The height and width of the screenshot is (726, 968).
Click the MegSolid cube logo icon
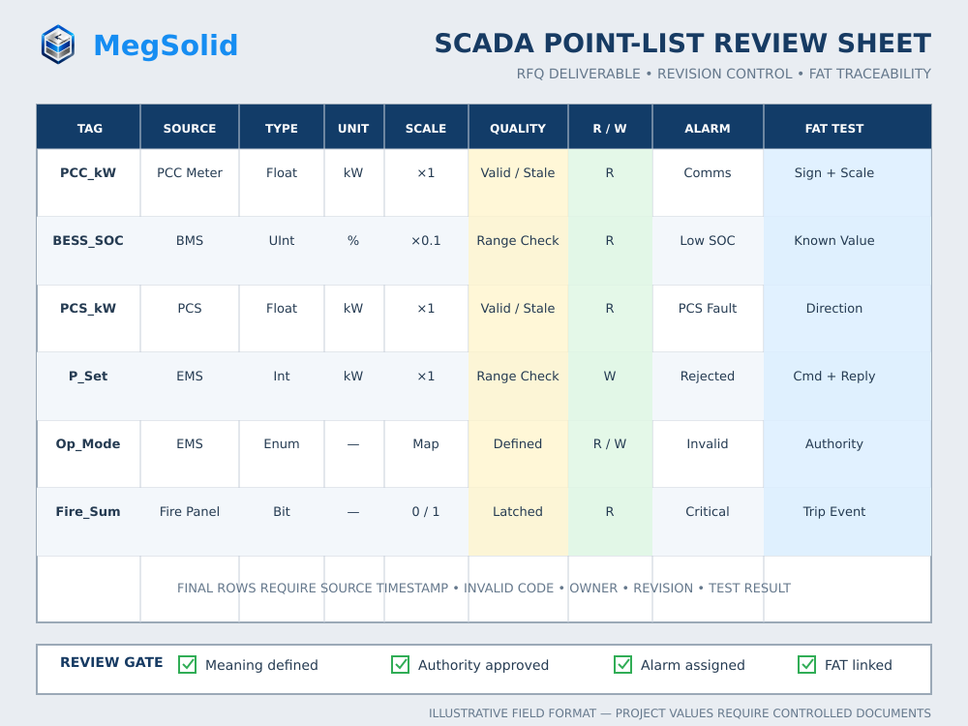coord(58,45)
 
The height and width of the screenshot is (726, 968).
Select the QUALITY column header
coord(518,129)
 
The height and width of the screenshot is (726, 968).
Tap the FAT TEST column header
coord(834,129)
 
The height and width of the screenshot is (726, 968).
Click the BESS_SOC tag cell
coord(88,241)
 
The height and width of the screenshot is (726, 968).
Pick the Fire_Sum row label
coord(88,512)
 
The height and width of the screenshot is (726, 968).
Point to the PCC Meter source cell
coord(190,173)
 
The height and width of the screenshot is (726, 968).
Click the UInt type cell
coord(282,241)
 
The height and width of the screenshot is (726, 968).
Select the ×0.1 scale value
coord(426,241)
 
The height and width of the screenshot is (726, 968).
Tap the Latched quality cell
coord(518,512)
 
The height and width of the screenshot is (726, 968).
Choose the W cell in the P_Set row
coord(610,376)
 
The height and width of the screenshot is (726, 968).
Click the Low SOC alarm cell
coord(708,241)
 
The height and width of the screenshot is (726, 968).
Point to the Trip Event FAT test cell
coord(834,512)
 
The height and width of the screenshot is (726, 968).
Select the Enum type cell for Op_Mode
coord(282,444)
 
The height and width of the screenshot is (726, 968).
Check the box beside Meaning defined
coord(187,664)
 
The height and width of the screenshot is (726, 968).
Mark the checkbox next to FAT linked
coord(807,664)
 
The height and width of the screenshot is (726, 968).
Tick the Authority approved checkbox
coord(400,664)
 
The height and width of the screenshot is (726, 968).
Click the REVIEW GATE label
coord(111,662)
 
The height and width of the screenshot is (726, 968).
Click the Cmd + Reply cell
coord(834,376)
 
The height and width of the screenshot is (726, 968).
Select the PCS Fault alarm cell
coord(708,308)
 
